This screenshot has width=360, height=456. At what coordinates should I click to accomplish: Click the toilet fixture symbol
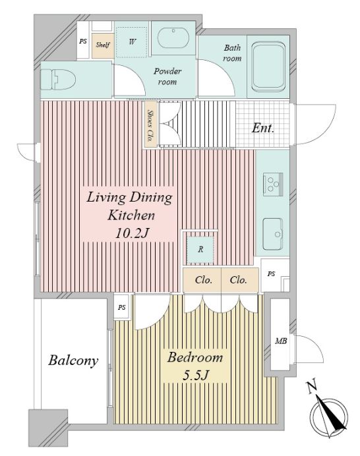tap(58, 79)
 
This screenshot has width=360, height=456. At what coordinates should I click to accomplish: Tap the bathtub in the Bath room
tap(268, 67)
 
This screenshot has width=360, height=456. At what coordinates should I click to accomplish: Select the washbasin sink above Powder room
tap(173, 38)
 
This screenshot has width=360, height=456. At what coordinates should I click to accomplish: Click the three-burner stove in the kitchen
tap(273, 183)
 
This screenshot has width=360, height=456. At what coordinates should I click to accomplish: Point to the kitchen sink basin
tap(273, 234)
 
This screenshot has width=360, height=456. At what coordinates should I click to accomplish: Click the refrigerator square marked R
tap(200, 250)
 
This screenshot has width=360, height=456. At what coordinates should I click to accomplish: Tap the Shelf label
tap(103, 45)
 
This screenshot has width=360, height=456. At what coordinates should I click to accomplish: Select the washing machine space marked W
tap(132, 42)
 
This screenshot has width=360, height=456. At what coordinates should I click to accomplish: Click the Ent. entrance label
tap(263, 128)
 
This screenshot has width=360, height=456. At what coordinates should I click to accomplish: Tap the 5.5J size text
tap(195, 375)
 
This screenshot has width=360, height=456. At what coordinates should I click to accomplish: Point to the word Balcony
tap(73, 360)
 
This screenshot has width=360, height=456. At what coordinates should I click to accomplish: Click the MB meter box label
tap(281, 341)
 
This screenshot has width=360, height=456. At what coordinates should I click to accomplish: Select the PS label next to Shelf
tap(83, 42)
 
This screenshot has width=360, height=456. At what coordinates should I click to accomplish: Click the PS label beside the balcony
tap(122, 307)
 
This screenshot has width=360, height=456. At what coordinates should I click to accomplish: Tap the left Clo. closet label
tap(204, 280)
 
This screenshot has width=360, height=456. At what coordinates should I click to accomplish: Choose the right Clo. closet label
tap(238, 280)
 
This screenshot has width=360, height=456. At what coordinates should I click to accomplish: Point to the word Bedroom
tap(195, 357)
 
